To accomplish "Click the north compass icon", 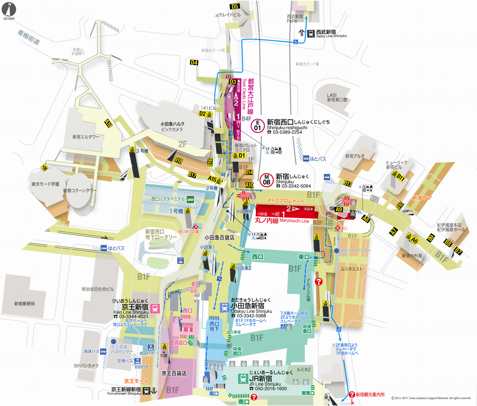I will point(9,9).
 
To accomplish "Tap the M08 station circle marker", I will point(266,180).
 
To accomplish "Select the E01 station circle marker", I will point(258,126).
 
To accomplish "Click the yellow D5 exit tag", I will point(235,6).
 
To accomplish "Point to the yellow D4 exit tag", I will point(194,62).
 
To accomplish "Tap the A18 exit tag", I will point(108,123).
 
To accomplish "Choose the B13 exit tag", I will point(348,183).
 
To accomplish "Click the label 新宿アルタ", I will point(355,156).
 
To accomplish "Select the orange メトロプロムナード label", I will point(286,200).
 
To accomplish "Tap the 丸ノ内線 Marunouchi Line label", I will point(282,220).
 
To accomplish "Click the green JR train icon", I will point(243,378).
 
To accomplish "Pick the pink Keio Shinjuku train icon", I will point(155,309).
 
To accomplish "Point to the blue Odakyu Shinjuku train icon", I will point(224,308).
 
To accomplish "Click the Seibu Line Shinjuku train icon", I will point(311,34).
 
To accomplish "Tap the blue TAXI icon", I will point(180,260).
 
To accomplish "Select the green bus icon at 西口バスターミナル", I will point(190,199).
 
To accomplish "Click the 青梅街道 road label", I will point(28,37).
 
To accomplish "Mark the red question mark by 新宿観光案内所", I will point(352,395).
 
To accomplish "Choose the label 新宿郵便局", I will point(24,304).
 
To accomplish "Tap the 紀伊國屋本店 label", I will point(449,225).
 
